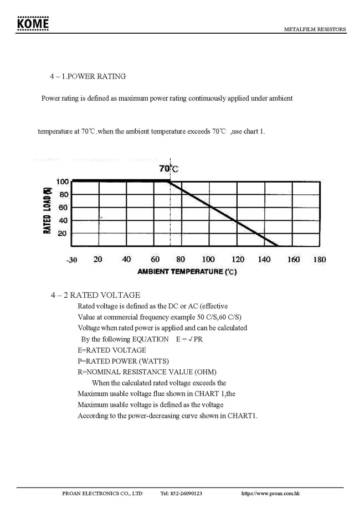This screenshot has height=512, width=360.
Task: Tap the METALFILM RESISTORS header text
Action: (315, 29)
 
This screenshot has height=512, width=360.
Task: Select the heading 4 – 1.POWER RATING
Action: (88, 76)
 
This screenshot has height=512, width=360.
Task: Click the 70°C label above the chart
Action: (169, 168)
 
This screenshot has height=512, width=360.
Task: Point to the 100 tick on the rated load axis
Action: (61, 182)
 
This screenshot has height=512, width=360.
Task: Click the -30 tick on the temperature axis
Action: (71, 260)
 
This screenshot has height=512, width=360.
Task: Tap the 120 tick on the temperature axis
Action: (238, 259)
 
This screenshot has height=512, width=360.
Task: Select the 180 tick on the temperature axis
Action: (319, 259)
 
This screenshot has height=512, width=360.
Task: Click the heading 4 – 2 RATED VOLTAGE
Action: (95, 295)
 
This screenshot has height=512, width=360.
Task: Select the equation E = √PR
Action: (189, 339)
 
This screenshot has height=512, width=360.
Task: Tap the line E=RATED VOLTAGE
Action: (112, 350)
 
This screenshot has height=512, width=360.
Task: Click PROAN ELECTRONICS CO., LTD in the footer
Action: (102, 493)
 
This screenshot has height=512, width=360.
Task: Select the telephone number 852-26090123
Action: (181, 493)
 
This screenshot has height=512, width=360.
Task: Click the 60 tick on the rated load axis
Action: (63, 208)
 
